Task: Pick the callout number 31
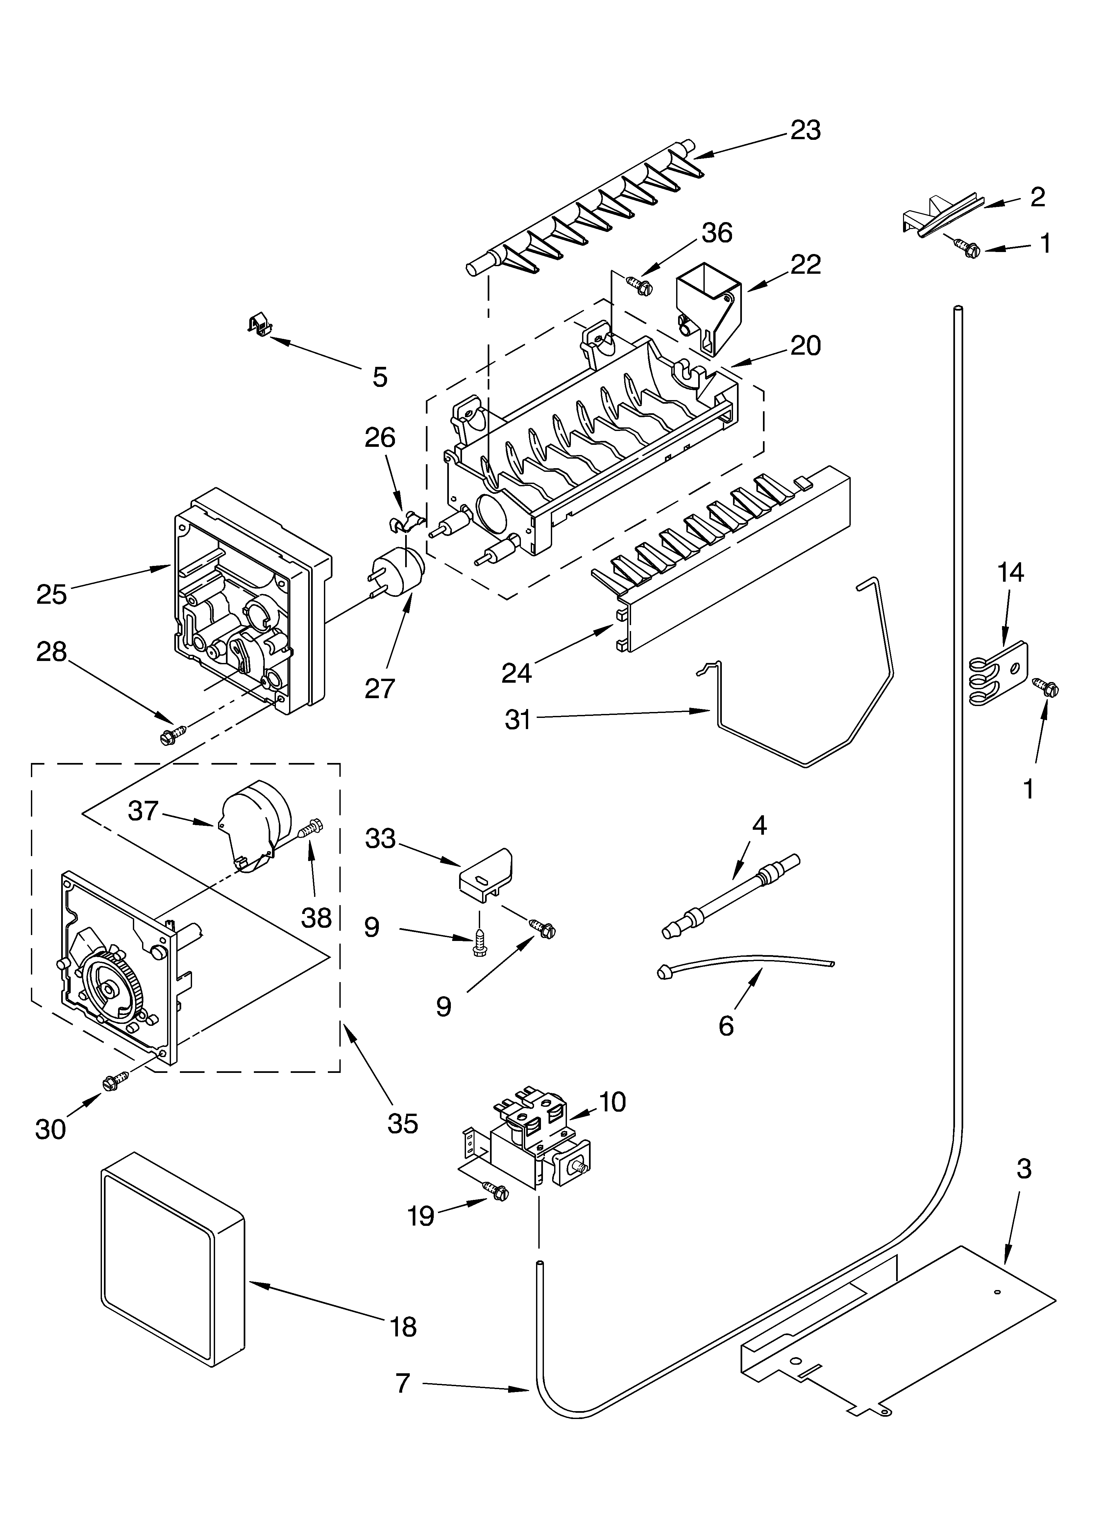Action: (518, 720)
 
